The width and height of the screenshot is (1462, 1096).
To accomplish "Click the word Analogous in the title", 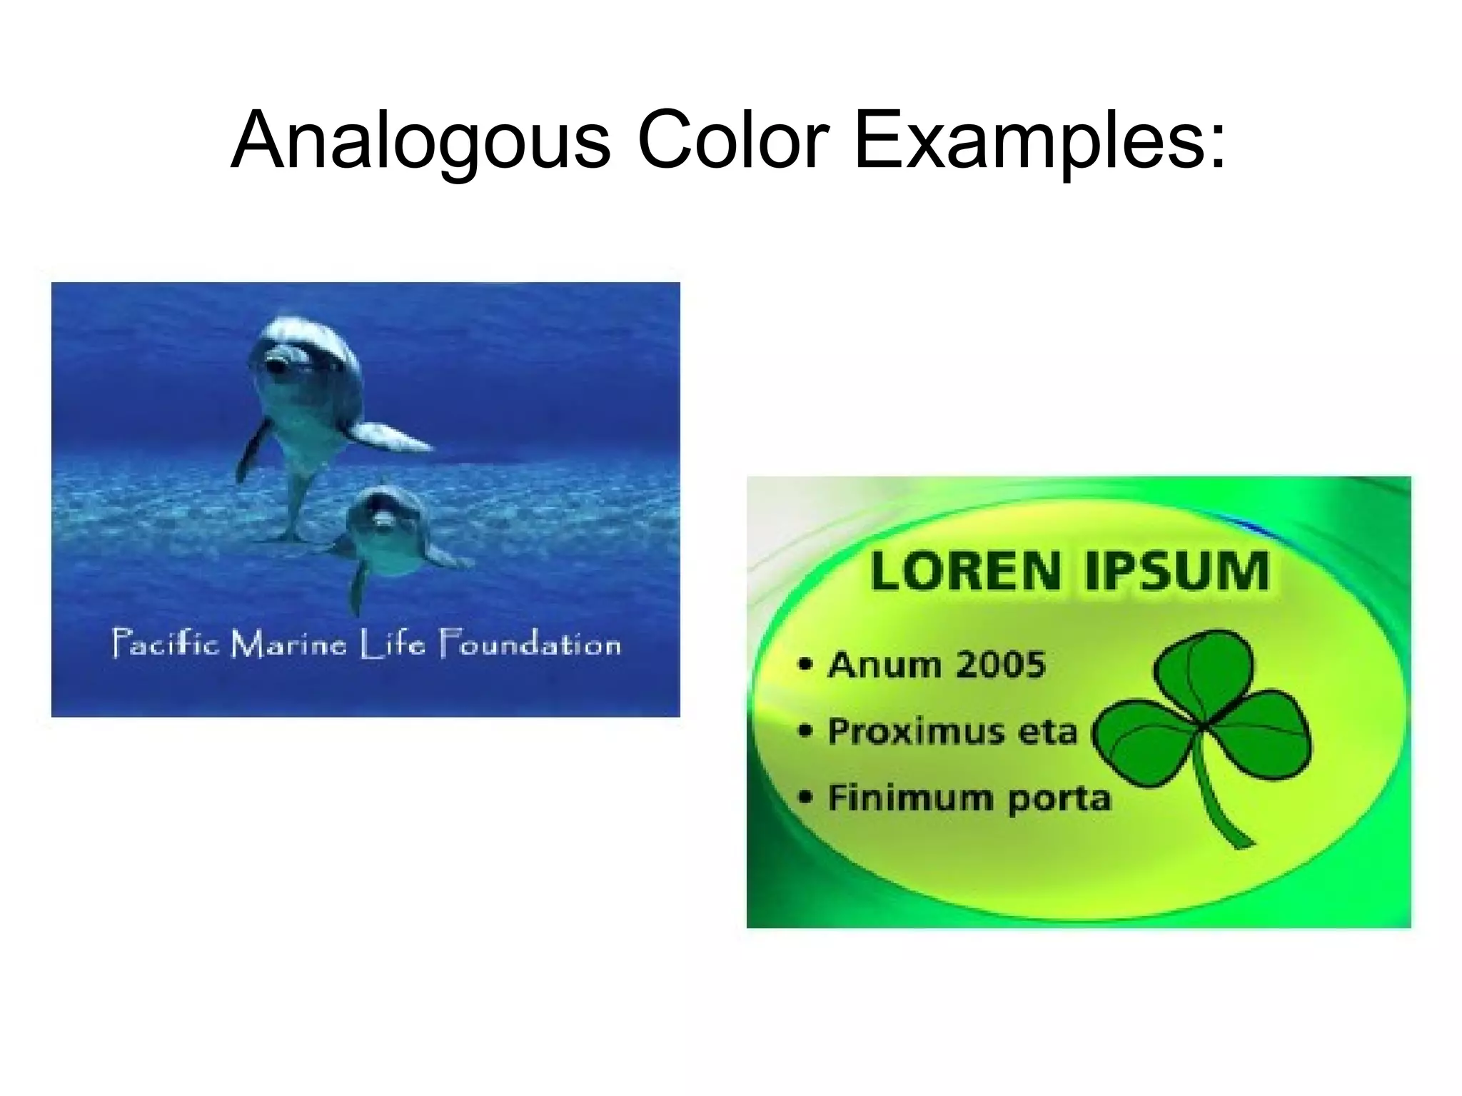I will (x=420, y=141).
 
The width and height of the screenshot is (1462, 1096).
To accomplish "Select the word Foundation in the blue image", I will (x=529, y=644).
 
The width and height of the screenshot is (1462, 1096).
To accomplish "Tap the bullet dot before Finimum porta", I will (x=805, y=797).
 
